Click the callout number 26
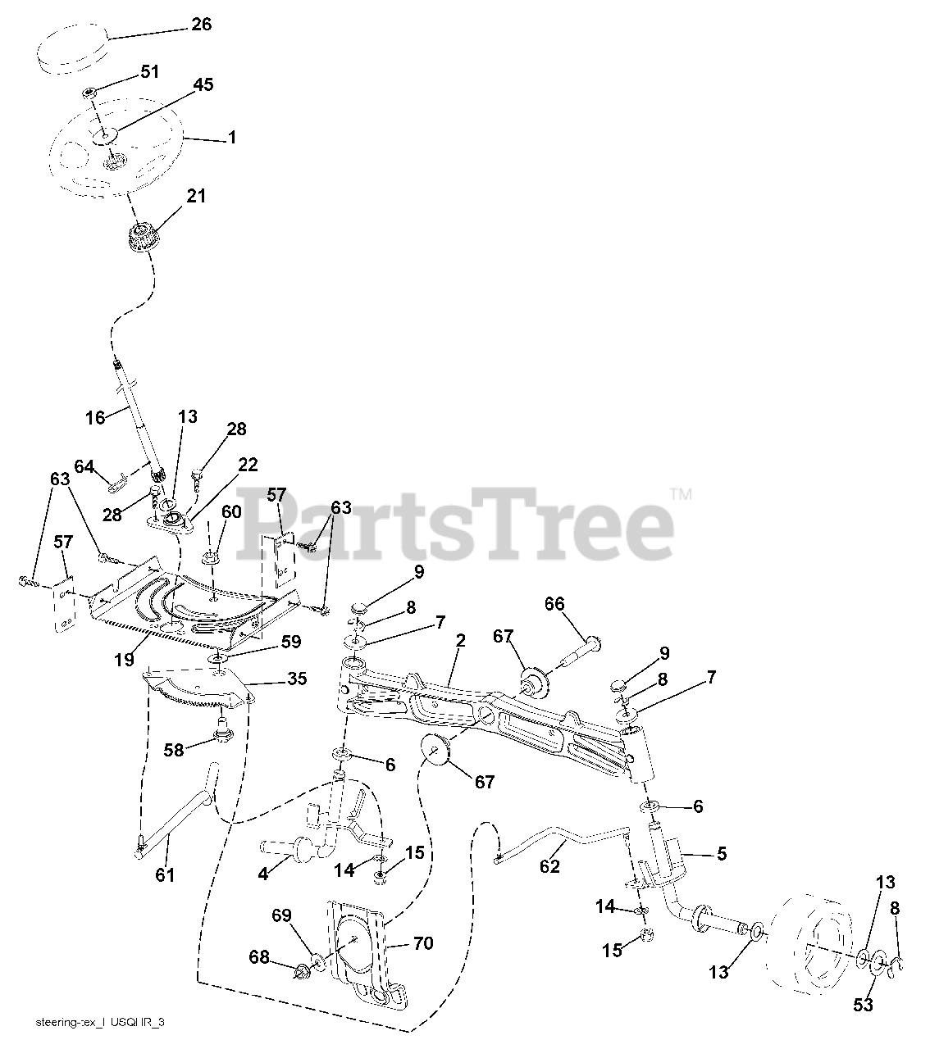coord(201,25)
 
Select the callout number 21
coord(196,197)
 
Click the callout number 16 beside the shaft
coord(96,418)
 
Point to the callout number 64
coord(84,466)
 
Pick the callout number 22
coord(248,465)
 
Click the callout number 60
coord(231,512)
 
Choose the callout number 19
coord(124,660)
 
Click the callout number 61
coord(165,875)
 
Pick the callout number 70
coord(422,943)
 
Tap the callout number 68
coord(261,956)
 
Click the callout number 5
coord(721,854)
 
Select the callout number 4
coord(263,874)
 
